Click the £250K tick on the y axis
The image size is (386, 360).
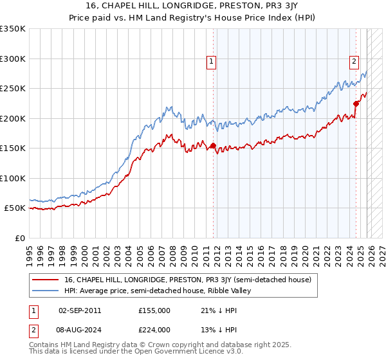[13, 89]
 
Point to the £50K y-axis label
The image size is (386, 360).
[15, 208]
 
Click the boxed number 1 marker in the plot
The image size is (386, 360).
[212, 62]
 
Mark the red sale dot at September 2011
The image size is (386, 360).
[213, 146]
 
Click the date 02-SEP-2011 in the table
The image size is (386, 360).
[79, 310]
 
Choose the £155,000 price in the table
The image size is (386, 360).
[154, 310]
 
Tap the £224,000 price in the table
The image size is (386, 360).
[154, 329]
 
